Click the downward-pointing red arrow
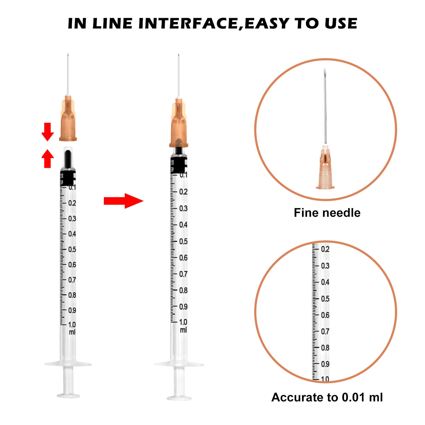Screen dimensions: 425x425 click(x=48, y=132)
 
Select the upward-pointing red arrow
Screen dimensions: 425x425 click(x=48, y=159)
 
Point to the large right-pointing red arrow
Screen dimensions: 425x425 click(x=124, y=201)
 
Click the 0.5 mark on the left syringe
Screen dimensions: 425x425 click(x=72, y=249)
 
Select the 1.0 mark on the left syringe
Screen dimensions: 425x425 click(x=72, y=325)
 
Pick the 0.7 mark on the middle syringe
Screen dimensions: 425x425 click(x=183, y=274)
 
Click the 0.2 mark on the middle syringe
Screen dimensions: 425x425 click(x=183, y=192)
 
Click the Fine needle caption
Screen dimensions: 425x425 click(x=327, y=213)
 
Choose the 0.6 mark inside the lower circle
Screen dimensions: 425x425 click(x=325, y=315)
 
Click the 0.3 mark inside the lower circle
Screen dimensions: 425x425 click(x=325, y=266)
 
